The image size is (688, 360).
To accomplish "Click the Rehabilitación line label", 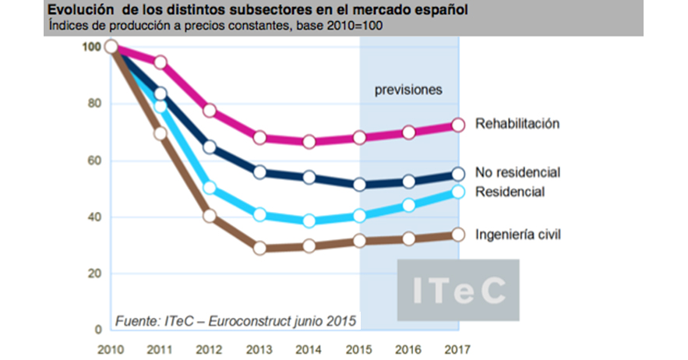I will (517, 123).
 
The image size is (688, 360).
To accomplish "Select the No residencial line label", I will (517, 172).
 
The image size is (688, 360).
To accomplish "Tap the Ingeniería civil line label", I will (517, 234).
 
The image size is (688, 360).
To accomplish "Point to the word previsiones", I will (409, 90).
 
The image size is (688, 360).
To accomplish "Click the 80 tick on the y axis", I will (92, 104).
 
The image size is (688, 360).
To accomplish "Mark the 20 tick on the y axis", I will (92, 274).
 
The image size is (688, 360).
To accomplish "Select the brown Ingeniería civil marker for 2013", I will (260, 248).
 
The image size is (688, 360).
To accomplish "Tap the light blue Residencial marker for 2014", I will (309, 221).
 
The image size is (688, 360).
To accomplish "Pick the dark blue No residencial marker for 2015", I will (359, 185).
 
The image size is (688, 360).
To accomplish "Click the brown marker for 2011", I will (161, 133).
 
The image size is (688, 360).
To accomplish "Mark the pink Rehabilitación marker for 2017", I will (458, 125).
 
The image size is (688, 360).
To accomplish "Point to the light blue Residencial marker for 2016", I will (409, 205).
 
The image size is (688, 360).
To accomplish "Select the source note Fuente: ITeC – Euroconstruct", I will (235, 321).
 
